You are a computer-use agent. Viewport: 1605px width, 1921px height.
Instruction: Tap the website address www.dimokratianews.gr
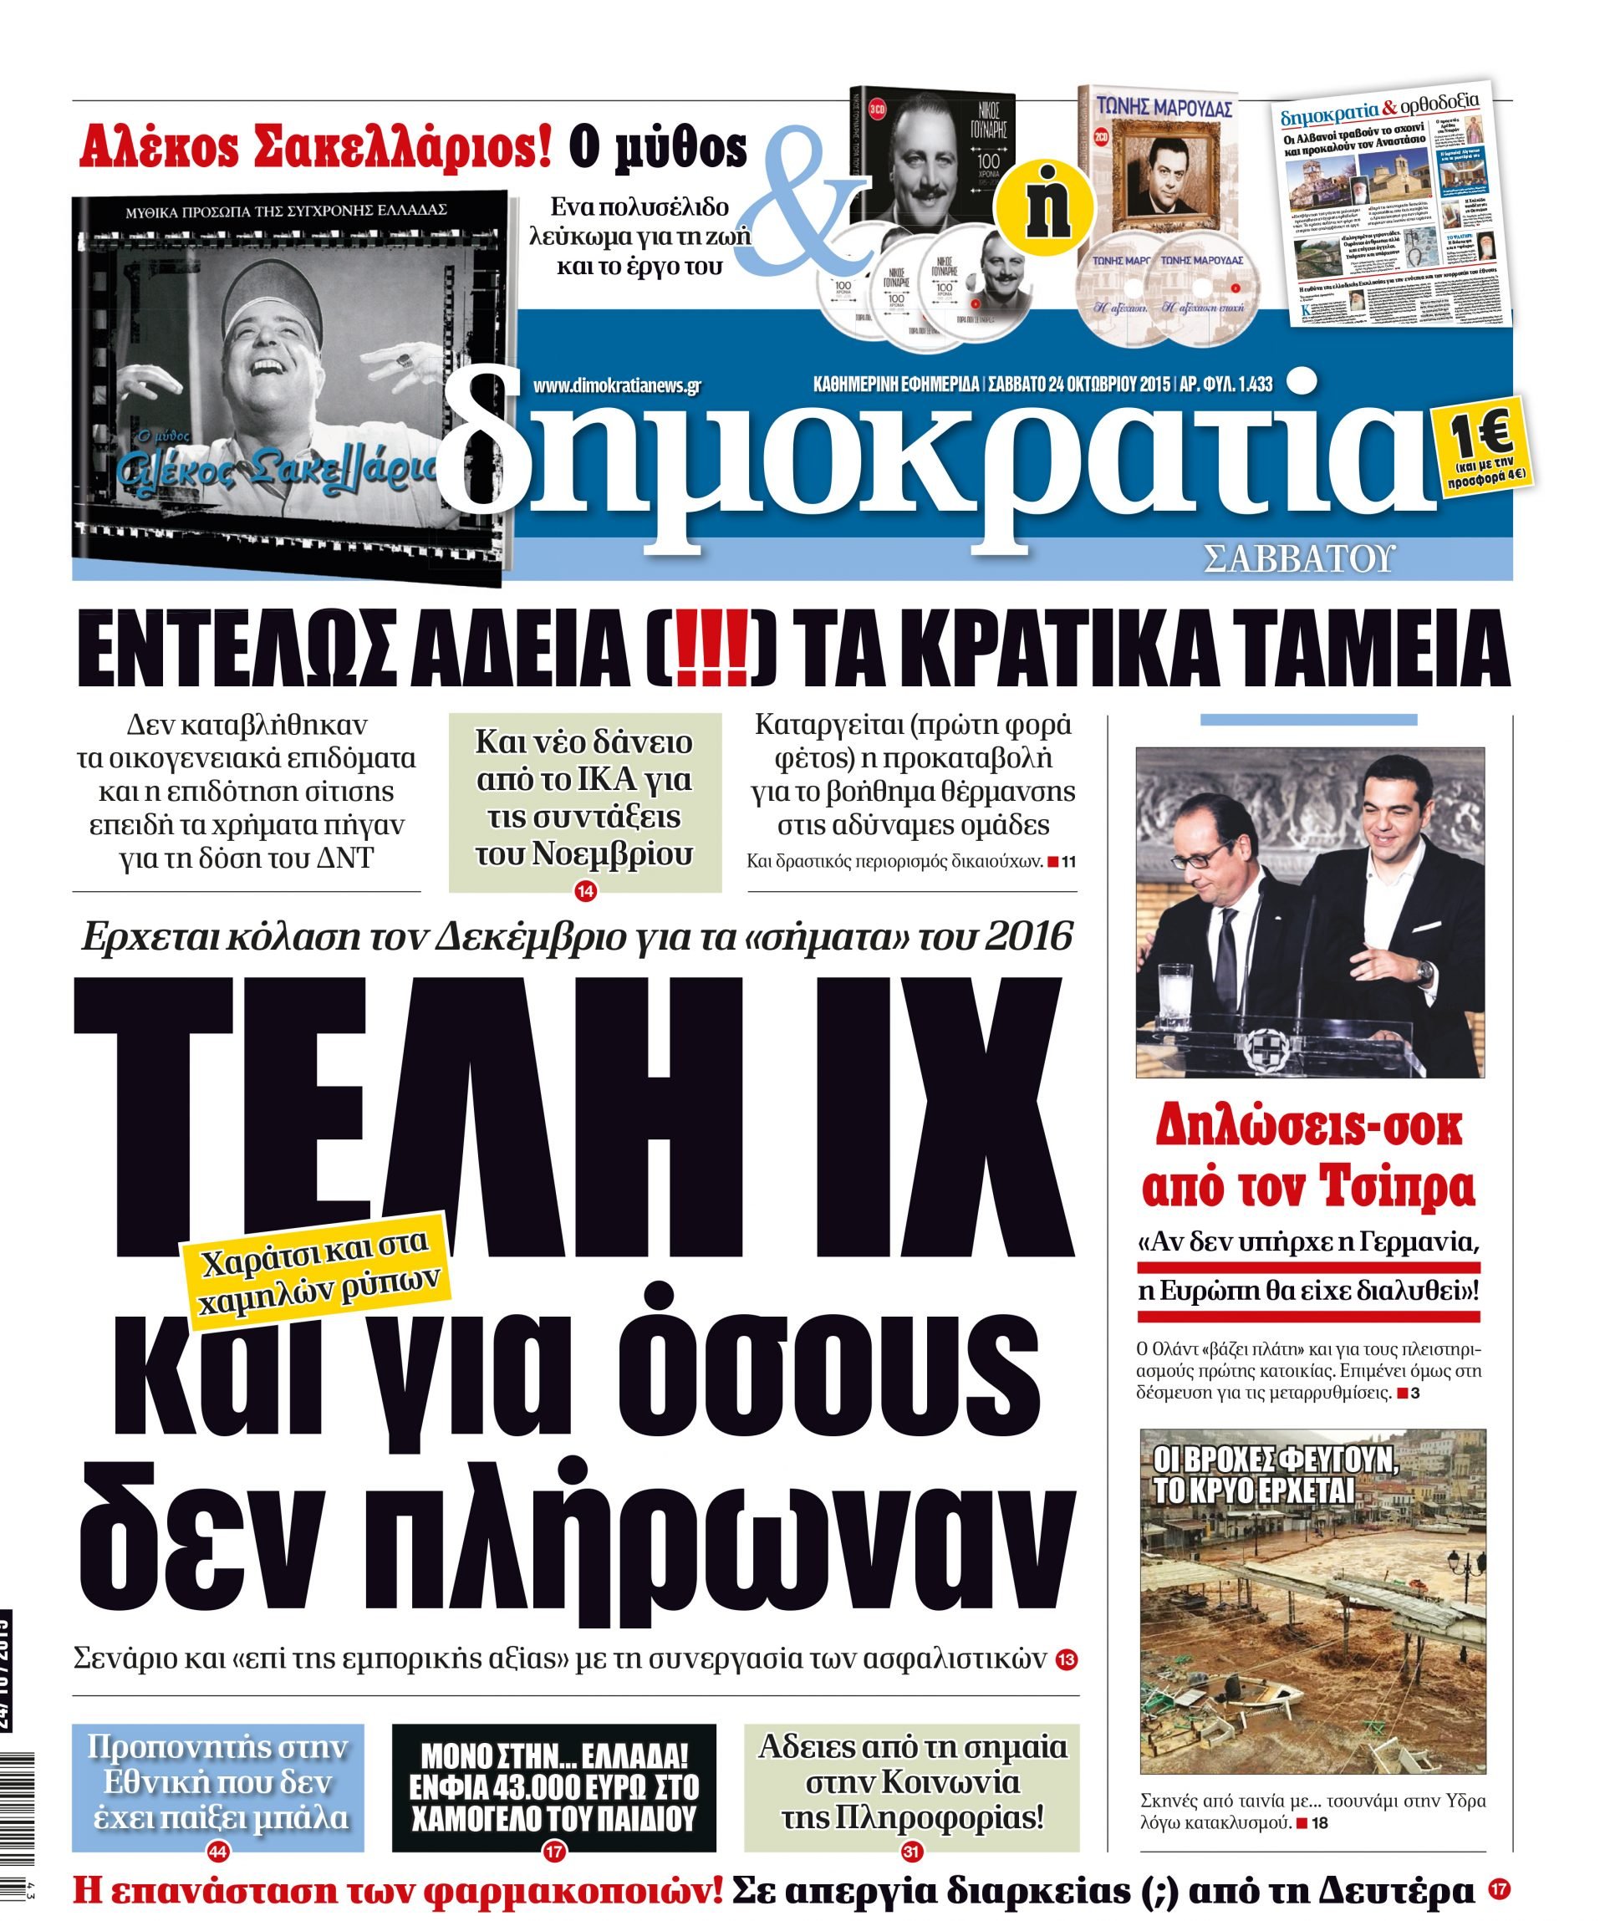pyautogui.click(x=616, y=386)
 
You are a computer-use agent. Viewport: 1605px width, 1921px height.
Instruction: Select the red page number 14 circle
pyautogui.click(x=585, y=890)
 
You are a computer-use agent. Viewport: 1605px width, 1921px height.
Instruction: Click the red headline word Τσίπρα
pyautogui.click(x=1399, y=1186)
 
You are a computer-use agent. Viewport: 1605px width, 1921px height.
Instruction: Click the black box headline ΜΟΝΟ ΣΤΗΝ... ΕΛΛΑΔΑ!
pyautogui.click(x=553, y=1755)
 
